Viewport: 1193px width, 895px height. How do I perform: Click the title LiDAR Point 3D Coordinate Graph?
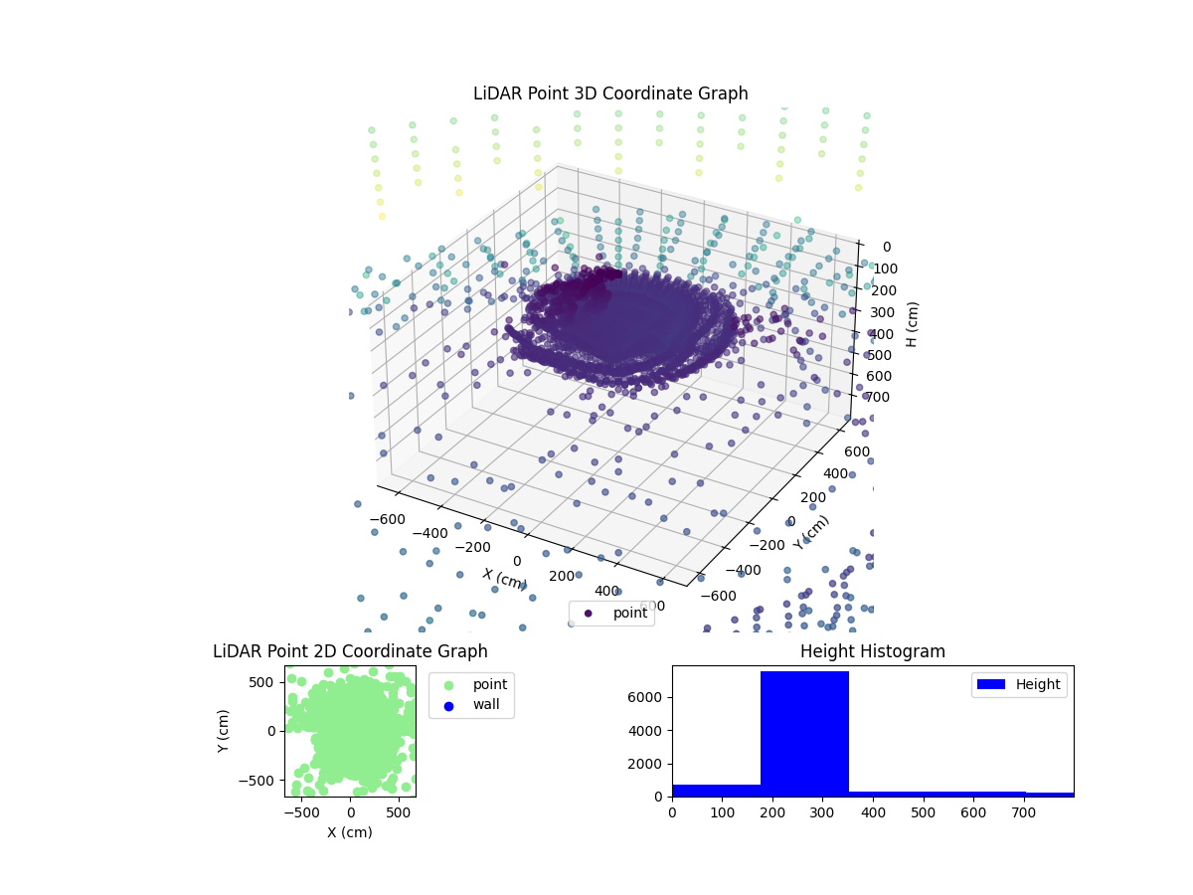(610, 93)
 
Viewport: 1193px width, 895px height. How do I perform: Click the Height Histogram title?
(872, 652)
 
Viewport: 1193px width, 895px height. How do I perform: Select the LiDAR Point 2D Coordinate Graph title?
(350, 652)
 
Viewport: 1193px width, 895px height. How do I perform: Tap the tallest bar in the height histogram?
(804, 734)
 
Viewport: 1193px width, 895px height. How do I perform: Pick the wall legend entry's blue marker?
(448, 706)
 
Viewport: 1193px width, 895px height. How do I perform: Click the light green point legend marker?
(448, 685)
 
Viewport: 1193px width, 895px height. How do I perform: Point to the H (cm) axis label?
(911, 322)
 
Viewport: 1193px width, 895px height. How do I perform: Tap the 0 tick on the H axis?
(886, 247)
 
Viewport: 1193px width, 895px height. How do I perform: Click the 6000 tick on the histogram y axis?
(649, 697)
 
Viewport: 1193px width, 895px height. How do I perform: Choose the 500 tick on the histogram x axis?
(924, 812)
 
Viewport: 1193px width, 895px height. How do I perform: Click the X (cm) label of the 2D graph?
(350, 832)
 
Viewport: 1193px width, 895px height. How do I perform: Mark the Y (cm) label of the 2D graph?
(225, 731)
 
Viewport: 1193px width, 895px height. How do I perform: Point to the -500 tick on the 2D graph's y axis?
(262, 781)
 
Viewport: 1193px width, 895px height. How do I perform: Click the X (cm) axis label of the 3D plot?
(505, 578)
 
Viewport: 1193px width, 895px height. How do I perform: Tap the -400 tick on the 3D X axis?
(430, 534)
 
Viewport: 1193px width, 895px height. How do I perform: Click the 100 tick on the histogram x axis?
(723, 812)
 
